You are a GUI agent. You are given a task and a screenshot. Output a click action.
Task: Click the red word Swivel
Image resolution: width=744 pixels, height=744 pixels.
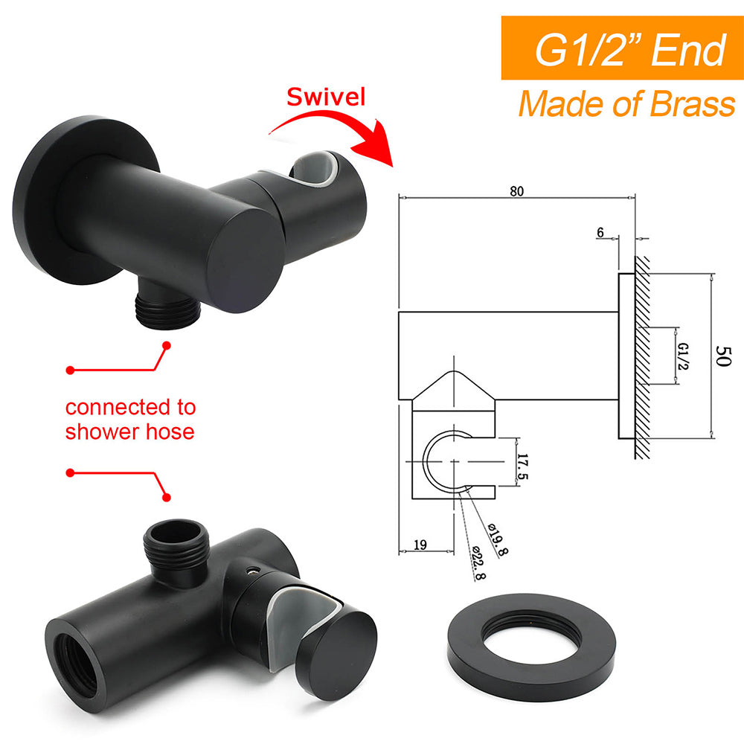point(326,97)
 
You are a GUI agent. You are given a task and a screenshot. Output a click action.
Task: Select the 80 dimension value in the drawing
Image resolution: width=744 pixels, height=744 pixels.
point(516,190)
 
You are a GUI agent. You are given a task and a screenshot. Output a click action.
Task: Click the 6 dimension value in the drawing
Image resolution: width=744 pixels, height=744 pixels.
point(600,232)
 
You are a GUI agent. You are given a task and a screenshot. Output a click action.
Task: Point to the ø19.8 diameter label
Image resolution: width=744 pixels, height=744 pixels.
point(498,537)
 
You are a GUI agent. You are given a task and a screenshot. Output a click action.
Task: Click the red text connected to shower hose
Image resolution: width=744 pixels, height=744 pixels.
point(130,419)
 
